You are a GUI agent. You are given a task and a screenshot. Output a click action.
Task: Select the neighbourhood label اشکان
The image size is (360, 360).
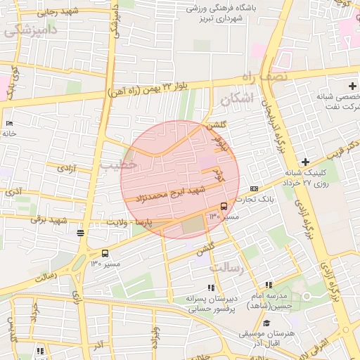point(235,100)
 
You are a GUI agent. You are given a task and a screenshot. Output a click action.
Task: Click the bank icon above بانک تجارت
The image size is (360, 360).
point(254,188)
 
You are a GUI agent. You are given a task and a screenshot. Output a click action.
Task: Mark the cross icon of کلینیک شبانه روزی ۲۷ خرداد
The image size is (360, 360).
point(305,161)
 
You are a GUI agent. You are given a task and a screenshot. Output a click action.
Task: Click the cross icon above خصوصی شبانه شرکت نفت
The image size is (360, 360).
point(352,85)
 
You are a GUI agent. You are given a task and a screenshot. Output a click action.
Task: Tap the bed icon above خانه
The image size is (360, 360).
point(9,124)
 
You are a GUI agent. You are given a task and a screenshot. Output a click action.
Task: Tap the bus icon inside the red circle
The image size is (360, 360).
point(224,206)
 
